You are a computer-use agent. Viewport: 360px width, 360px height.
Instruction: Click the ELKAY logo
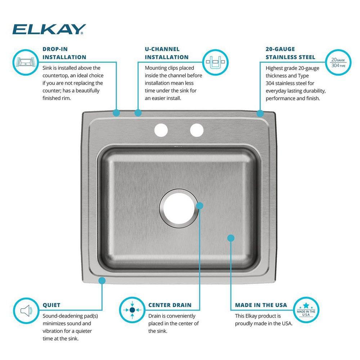pyautogui.click(x=50, y=29)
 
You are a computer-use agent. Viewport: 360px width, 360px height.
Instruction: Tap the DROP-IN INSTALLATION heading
pyautogui.click(x=64, y=53)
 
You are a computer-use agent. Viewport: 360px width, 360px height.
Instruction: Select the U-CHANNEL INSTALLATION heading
pyautogui.click(x=166, y=53)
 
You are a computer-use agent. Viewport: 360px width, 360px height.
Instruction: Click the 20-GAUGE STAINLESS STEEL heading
pyautogui.click(x=290, y=53)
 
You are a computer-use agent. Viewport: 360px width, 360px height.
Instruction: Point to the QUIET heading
pyautogui.click(x=51, y=305)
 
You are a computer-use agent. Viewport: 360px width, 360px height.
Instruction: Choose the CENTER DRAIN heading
pyautogui.click(x=170, y=305)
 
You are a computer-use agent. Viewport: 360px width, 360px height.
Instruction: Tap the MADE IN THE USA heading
pyautogui.click(x=261, y=305)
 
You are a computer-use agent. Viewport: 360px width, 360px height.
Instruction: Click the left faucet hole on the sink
pyautogui.click(x=162, y=130)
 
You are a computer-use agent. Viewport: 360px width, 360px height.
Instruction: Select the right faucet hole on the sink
pyautogui.click(x=197, y=130)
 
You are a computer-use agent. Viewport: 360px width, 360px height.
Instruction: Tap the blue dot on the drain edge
pyautogui.click(x=200, y=206)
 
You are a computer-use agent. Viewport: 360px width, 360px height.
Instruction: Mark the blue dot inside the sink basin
pyautogui.click(x=231, y=238)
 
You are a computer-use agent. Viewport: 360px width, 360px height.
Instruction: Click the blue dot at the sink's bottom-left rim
pyautogui.click(x=102, y=280)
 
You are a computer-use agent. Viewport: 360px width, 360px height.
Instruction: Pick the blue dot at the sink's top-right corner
pyautogui.click(x=260, y=113)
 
